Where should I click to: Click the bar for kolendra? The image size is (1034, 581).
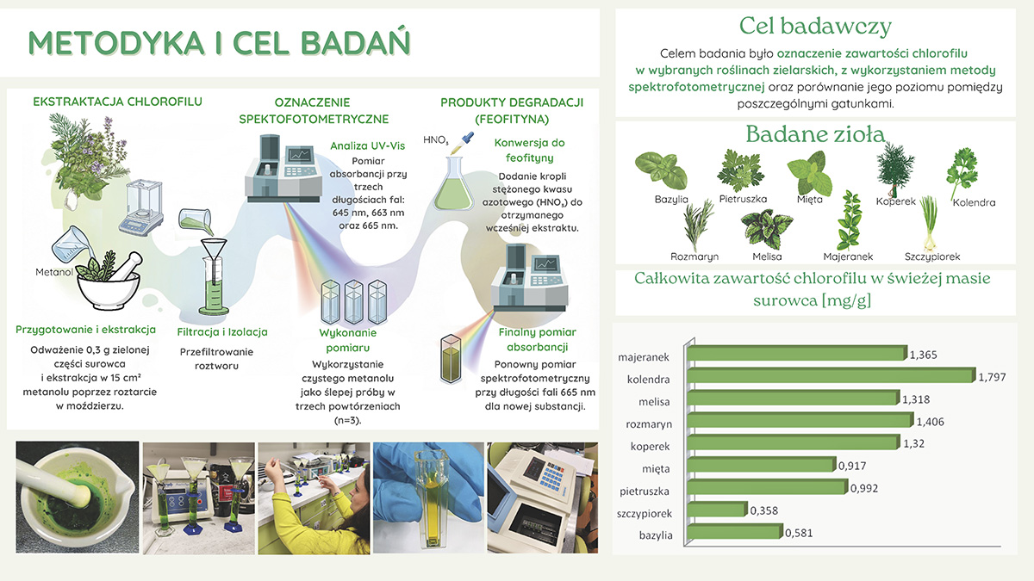[x=831, y=376]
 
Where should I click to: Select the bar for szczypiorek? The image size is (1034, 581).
[x=717, y=510]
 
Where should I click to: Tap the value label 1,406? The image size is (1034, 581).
[x=930, y=422]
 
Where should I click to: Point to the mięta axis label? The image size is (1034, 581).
[x=656, y=469]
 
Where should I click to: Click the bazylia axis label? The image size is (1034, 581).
[x=656, y=535]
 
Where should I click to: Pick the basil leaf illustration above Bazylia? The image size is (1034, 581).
[x=661, y=170]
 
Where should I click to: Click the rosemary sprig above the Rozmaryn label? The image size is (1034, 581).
[x=697, y=225]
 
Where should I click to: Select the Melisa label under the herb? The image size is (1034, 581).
[x=767, y=257]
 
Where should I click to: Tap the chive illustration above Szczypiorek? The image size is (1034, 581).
[x=929, y=224]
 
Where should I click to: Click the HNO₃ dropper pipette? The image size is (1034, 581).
[x=463, y=143]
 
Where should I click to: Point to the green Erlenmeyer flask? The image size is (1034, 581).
[x=453, y=183]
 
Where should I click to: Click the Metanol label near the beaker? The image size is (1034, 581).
[x=54, y=272]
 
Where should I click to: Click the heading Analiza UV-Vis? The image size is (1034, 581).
[x=367, y=145]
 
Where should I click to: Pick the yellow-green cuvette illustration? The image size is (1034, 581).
[x=451, y=360]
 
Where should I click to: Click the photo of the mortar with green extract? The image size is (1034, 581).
[x=77, y=498]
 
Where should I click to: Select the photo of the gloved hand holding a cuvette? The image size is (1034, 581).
[x=428, y=498]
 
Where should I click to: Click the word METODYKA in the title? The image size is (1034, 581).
[x=115, y=43]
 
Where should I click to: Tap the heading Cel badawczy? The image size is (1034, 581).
[x=815, y=26]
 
